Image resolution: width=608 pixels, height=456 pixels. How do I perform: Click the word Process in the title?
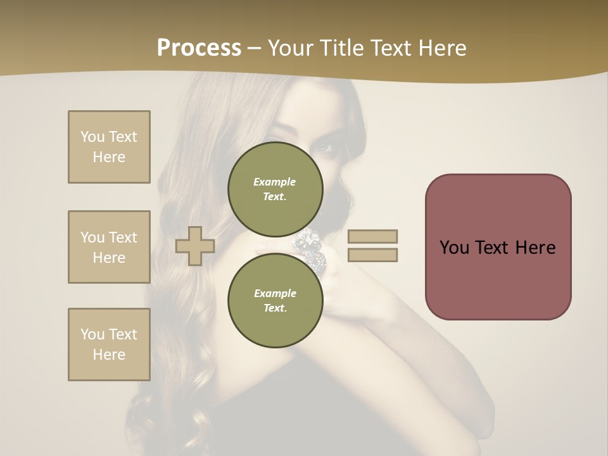(x=199, y=48)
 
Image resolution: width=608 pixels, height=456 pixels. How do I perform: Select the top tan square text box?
(x=109, y=147)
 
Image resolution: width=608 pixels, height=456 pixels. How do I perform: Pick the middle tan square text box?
(x=109, y=247)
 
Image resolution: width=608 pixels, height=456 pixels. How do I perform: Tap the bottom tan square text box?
(x=109, y=345)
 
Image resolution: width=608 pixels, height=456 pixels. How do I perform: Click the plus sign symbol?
(x=195, y=246)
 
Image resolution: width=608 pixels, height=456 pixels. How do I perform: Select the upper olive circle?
(x=275, y=189)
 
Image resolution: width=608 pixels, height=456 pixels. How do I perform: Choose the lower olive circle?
(x=275, y=300)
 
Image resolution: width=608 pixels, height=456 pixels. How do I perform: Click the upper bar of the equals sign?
(x=372, y=236)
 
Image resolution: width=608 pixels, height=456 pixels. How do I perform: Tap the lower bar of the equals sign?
(x=372, y=255)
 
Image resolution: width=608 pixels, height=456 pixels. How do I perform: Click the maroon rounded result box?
(x=498, y=247)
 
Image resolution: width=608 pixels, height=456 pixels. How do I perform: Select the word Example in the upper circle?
(x=275, y=182)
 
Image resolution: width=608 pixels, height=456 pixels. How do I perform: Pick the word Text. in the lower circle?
(x=275, y=308)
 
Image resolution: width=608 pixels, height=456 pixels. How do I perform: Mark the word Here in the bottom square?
(x=109, y=355)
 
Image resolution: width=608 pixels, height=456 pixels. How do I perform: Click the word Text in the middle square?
(x=123, y=237)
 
